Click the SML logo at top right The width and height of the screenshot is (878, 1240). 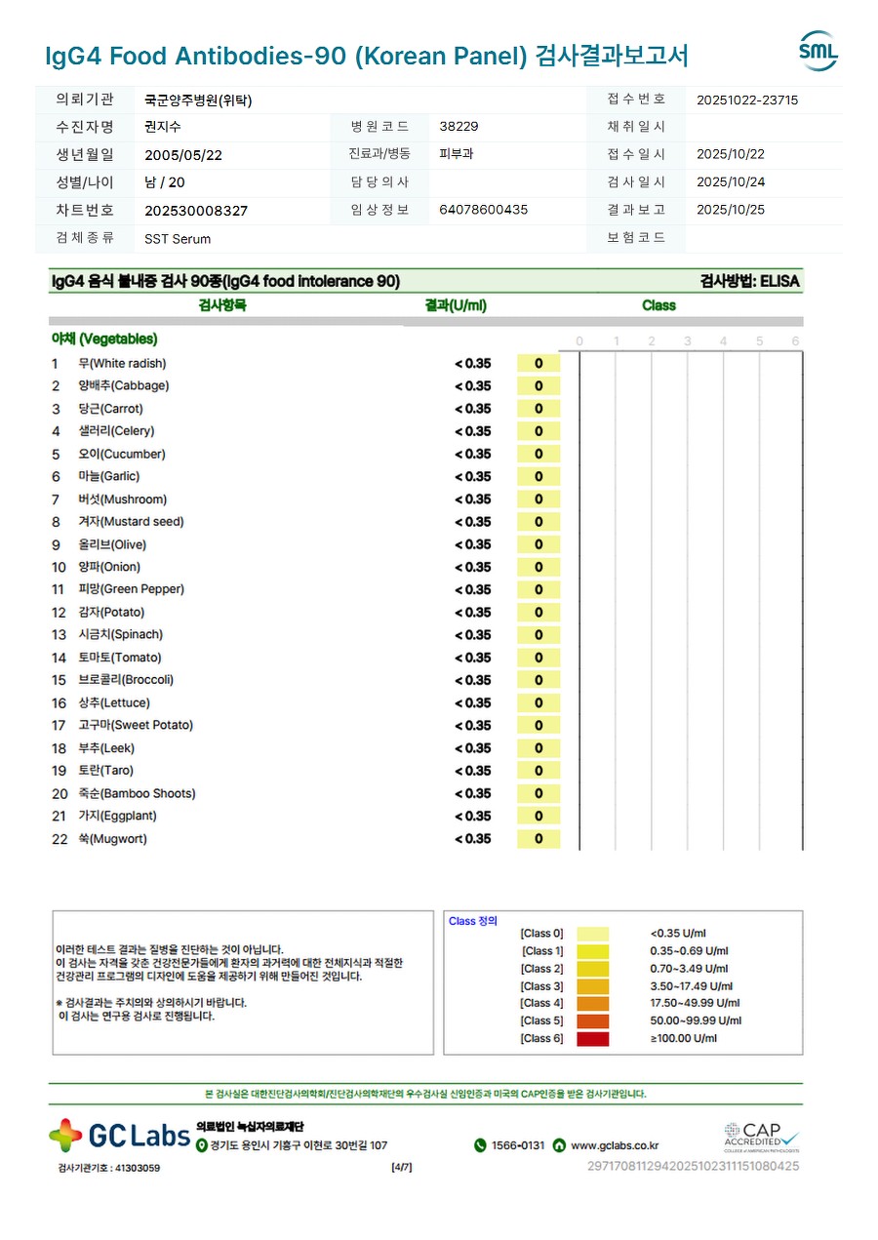818,51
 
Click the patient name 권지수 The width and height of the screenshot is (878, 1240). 162,127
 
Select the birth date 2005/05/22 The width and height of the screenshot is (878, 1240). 183,154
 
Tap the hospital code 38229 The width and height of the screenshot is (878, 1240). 459,127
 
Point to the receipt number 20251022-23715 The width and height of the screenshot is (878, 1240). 747,100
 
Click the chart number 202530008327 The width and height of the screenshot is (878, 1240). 196,211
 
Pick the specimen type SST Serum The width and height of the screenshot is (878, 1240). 178,238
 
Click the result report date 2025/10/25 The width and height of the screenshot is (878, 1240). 731,210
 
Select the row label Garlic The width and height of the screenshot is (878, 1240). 108,476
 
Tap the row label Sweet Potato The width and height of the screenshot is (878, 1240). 136,725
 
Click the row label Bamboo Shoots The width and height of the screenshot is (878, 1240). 137,793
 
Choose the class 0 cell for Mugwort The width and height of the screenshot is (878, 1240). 539,839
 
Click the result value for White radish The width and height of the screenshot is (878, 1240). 473,364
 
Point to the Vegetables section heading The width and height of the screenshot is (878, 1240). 104,340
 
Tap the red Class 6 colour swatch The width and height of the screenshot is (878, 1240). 592,1039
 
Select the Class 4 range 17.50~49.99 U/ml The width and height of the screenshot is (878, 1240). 695,1003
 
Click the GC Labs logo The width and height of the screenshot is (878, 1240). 120,1135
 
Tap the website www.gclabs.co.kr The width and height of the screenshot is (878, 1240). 614,1145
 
